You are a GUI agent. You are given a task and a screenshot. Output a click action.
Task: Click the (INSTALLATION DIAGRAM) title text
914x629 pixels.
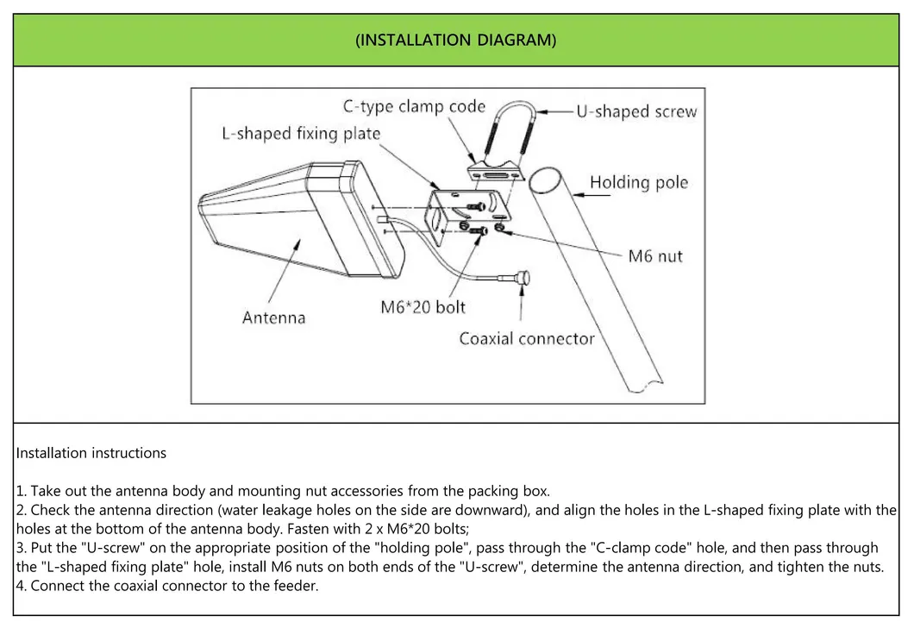click(x=456, y=41)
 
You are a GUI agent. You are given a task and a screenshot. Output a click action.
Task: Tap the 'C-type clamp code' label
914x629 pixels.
click(x=415, y=107)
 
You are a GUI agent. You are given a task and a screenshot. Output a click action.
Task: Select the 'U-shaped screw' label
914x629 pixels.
click(x=636, y=112)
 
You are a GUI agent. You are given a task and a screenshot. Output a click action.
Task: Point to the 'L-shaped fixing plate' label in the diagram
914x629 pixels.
click(x=301, y=134)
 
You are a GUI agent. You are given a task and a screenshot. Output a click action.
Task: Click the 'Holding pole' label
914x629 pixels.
click(x=639, y=182)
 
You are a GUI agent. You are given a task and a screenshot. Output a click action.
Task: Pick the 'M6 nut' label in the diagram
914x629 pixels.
click(x=654, y=256)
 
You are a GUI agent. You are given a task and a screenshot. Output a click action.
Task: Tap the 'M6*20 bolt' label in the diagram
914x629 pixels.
click(x=423, y=306)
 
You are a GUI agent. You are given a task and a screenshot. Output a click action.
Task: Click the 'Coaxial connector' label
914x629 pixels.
click(x=527, y=338)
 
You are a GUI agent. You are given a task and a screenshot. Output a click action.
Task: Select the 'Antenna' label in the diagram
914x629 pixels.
click(x=274, y=317)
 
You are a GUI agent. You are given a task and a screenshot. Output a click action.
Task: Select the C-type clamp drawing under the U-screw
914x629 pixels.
click(x=496, y=173)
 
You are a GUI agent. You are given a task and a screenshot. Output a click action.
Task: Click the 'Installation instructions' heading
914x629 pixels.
click(x=91, y=453)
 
